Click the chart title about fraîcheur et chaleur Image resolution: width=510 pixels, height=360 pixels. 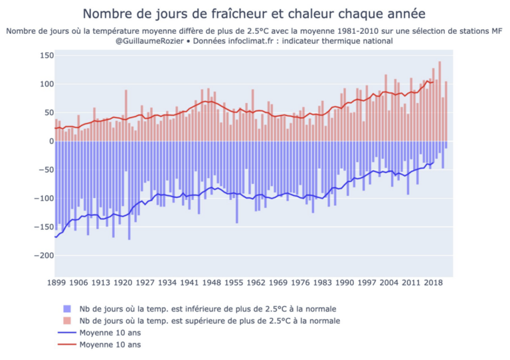(x=255, y=13)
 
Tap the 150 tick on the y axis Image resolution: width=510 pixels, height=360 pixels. (x=44, y=55)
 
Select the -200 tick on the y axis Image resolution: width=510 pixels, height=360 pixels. (x=42, y=256)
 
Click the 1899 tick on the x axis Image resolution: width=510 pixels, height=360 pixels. (x=55, y=282)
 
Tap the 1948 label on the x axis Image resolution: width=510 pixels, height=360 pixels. (x=212, y=282)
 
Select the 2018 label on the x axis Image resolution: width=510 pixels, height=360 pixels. (x=434, y=282)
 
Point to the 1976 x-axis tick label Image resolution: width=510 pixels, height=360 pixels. (x=301, y=282)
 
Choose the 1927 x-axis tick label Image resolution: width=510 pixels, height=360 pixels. (x=145, y=282)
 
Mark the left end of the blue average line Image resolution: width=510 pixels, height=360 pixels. (x=55, y=236)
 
